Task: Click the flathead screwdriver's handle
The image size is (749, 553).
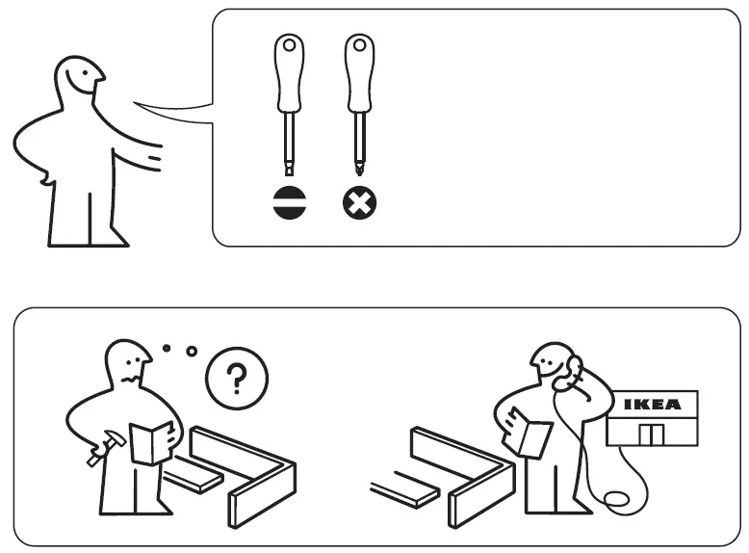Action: (289, 77)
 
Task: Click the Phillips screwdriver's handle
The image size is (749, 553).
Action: (359, 77)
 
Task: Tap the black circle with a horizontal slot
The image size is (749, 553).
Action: (289, 202)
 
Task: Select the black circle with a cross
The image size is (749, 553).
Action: (360, 202)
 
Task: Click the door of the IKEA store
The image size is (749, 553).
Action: (652, 434)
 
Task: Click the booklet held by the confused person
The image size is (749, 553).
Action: (151, 442)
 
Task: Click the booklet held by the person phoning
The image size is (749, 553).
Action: (529, 433)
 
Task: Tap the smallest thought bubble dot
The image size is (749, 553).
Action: (167, 347)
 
